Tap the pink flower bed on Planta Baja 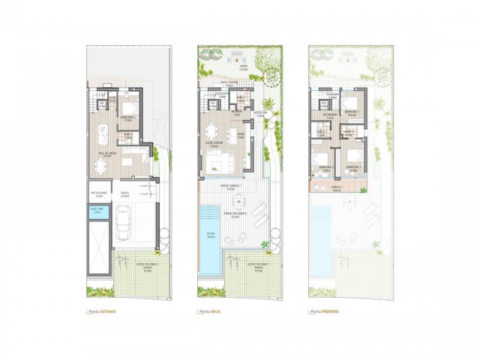tap(209, 55)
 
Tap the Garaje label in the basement tap(125, 193)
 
